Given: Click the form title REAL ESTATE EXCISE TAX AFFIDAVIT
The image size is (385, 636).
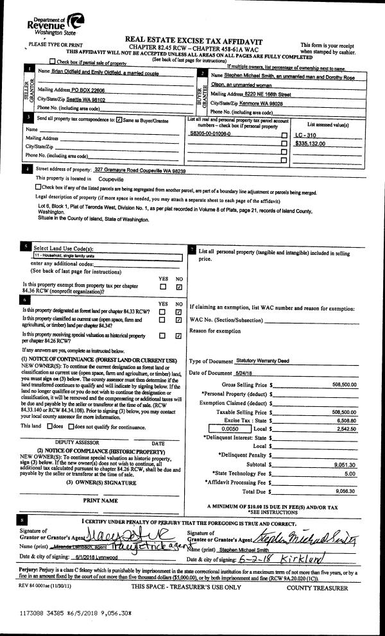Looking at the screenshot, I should (x=193, y=39).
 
